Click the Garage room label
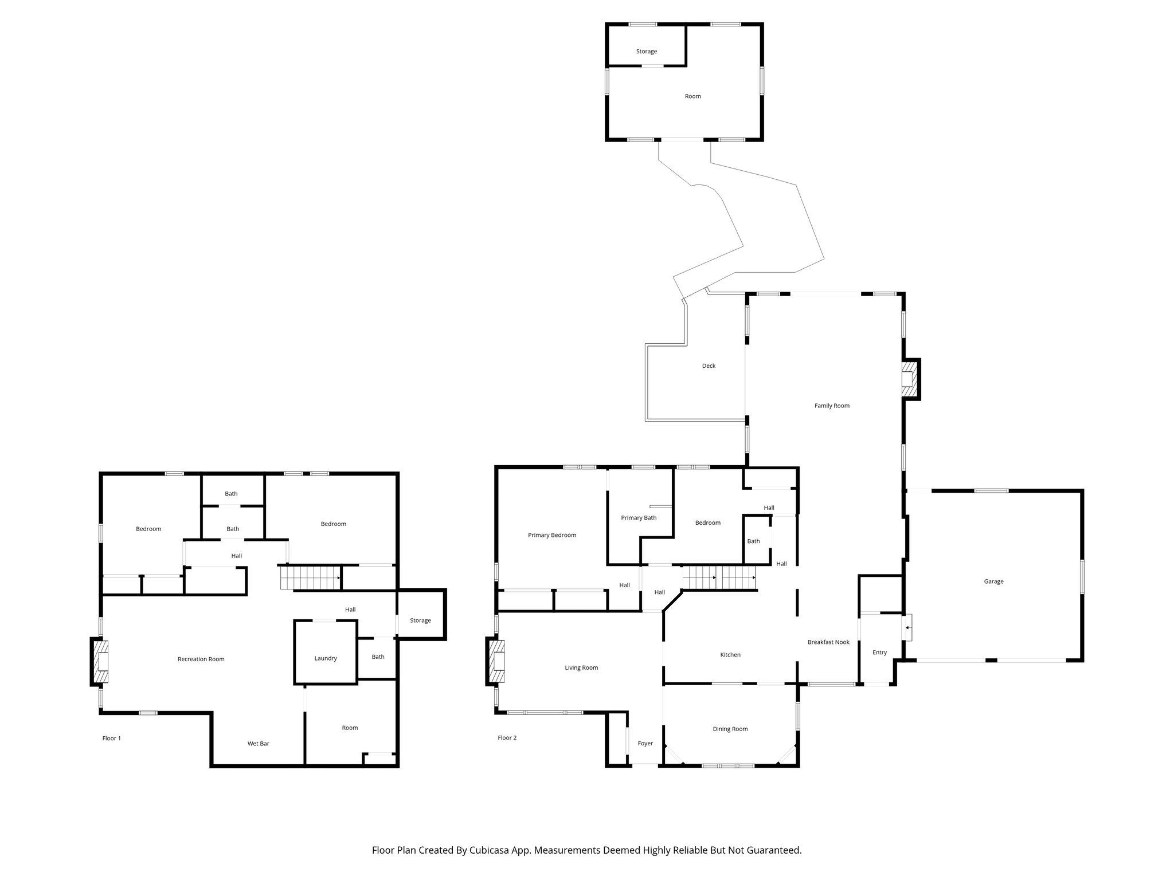point(993,582)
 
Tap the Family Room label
point(832,406)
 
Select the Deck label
point(709,366)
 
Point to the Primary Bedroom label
point(551,535)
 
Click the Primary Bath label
point(639,518)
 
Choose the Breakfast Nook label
point(828,642)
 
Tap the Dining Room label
point(730,729)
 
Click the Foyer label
point(645,744)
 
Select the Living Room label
point(581,668)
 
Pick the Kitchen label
point(730,655)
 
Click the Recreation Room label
point(201,659)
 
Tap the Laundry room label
point(325,659)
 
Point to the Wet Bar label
point(258,744)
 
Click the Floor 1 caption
point(111,738)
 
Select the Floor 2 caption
point(507,738)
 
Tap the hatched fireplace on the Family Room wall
point(909,378)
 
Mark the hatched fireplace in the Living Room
point(496,662)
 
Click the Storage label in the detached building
point(646,52)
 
